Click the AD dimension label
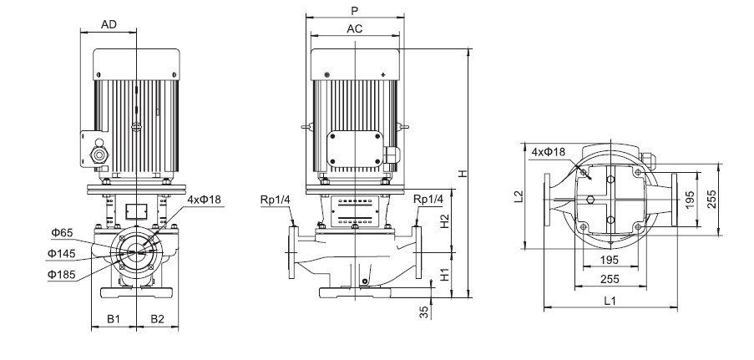(109, 24)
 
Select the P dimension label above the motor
(355, 11)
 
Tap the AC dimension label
(354, 29)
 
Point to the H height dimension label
(463, 173)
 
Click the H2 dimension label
(445, 221)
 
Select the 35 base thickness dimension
(423, 312)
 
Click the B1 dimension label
(113, 318)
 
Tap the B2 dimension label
(157, 318)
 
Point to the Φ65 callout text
(62, 233)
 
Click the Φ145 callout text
(62, 254)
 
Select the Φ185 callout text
(62, 274)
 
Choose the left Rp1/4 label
(276, 200)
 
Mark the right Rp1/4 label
(428, 200)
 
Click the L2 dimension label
(518, 196)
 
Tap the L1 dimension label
(610, 302)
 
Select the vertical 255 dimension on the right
(711, 200)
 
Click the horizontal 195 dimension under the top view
(610, 260)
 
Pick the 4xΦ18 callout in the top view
(549, 152)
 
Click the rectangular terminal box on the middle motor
(355, 150)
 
